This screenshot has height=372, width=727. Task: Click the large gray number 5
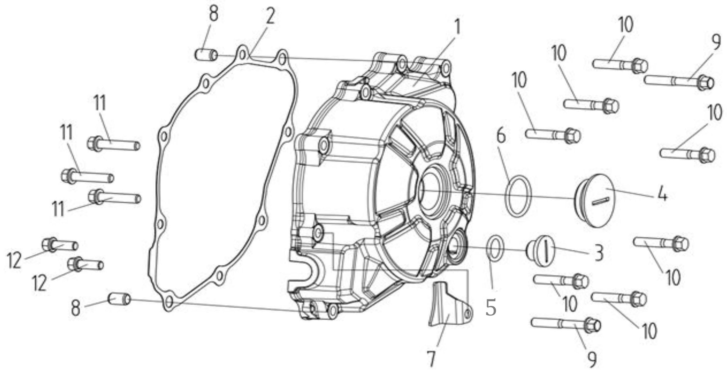point(491,308)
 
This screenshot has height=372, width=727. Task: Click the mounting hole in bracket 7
point(467,313)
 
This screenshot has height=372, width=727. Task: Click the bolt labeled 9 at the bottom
point(566,325)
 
